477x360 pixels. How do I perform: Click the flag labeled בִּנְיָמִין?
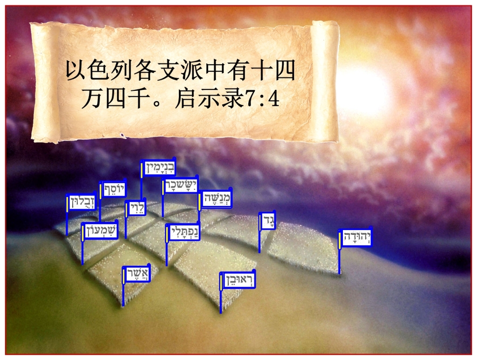click(x=159, y=168)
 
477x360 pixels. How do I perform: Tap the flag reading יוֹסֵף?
click(x=114, y=189)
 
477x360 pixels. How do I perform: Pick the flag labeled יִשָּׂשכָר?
click(x=180, y=186)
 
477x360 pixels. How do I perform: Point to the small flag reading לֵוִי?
click(x=136, y=208)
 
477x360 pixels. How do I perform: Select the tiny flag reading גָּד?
click(x=267, y=221)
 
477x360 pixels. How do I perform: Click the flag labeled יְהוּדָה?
click(x=355, y=238)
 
